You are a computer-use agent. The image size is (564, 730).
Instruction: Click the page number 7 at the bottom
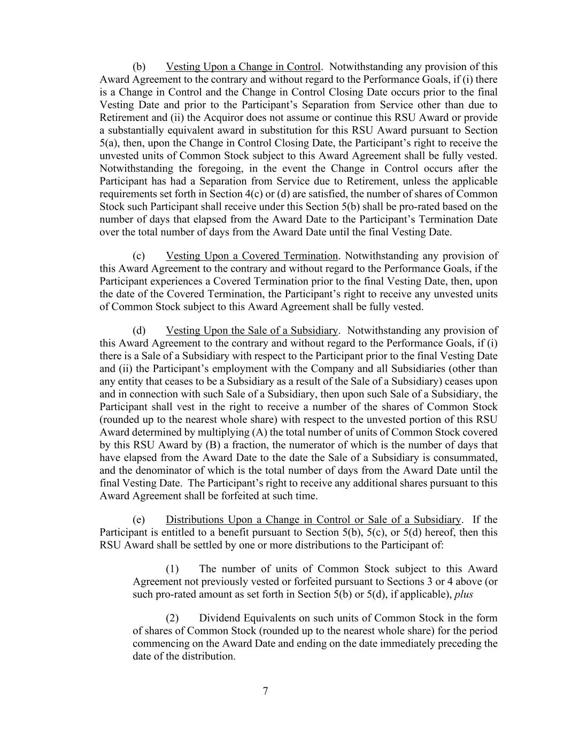[x=265, y=691]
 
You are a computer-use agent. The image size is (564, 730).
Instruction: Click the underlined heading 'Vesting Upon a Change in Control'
[x=243, y=67]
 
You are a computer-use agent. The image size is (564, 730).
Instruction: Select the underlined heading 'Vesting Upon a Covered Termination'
[x=252, y=256]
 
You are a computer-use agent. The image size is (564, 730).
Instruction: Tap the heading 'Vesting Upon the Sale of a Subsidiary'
[x=252, y=331]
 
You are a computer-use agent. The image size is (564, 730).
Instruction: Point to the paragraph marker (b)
[x=139, y=67]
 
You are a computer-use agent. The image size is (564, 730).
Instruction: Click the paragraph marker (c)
[x=139, y=256]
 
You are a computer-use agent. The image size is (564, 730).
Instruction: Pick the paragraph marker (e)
[x=139, y=520]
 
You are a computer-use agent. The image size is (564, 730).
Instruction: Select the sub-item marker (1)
[x=172, y=569]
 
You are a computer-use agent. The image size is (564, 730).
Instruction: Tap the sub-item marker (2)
[x=172, y=618]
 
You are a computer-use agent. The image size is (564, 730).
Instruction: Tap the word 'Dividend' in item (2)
[x=220, y=618]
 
